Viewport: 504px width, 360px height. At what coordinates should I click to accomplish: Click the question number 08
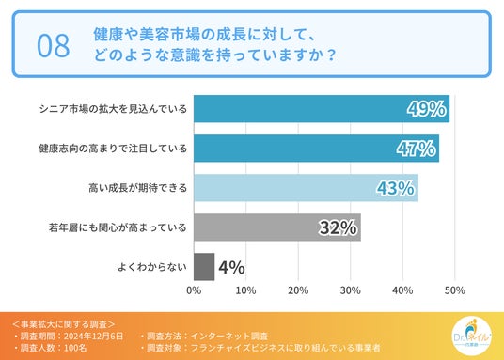tap(54, 46)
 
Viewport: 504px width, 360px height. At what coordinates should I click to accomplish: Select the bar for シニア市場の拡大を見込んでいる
tap(322, 109)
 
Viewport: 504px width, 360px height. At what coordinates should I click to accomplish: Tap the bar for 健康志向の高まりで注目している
tap(316, 149)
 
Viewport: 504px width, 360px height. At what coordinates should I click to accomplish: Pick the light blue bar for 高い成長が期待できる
tap(306, 188)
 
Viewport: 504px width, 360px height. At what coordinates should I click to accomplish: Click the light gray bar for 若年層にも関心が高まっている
tap(277, 227)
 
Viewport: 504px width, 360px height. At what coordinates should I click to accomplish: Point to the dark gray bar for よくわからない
tap(204, 267)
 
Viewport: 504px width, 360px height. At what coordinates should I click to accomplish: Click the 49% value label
tap(426, 109)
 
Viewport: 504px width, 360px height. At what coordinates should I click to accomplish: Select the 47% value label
tap(416, 149)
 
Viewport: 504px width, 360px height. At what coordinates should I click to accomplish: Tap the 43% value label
tap(395, 188)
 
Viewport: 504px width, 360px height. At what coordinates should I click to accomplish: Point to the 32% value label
tap(338, 227)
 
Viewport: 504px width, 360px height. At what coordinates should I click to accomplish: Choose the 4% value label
tap(231, 267)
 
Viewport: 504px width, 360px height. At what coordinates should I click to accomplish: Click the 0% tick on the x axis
tap(194, 290)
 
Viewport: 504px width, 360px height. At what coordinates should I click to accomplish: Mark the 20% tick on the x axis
tap(298, 290)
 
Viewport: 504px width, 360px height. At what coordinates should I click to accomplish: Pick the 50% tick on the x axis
tap(454, 290)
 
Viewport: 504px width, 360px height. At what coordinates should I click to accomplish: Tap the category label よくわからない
tap(152, 267)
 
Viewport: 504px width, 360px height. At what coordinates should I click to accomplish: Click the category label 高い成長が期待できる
tap(137, 188)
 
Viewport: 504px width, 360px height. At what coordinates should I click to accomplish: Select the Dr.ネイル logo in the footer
tap(471, 337)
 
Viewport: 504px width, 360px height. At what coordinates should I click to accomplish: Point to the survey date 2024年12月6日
tap(93, 337)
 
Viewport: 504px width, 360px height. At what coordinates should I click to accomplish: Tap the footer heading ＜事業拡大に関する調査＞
tap(63, 324)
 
